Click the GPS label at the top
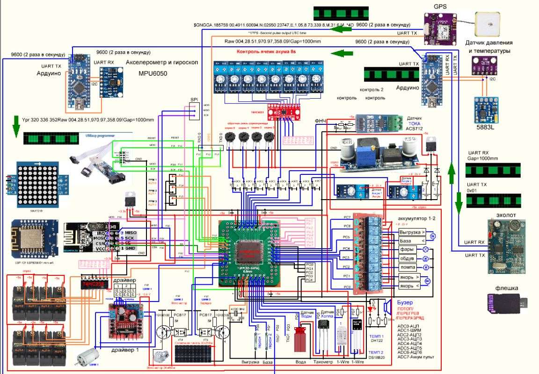[x=440, y=6]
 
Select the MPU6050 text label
[x=153, y=74]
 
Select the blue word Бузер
[x=405, y=302]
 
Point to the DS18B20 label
[x=377, y=357]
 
